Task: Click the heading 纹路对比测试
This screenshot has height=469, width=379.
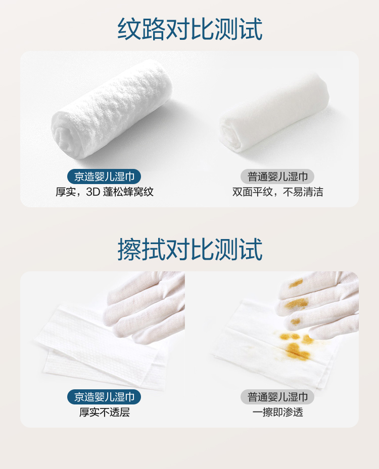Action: tap(190, 29)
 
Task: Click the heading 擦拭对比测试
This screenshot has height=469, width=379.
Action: tap(190, 249)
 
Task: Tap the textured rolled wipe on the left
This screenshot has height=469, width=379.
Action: tap(112, 109)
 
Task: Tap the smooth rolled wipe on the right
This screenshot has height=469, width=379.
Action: tap(274, 111)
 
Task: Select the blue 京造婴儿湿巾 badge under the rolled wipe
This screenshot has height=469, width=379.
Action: tap(104, 177)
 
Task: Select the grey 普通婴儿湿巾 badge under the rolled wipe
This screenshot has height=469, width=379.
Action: tap(277, 177)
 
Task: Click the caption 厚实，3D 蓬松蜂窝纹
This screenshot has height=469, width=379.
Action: tap(104, 192)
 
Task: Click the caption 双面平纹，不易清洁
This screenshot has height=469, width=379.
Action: tap(278, 192)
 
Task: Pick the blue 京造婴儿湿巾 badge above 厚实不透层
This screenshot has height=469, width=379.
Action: tap(104, 397)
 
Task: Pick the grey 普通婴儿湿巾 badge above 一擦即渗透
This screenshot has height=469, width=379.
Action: tap(277, 397)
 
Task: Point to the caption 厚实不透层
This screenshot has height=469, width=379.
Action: tap(104, 412)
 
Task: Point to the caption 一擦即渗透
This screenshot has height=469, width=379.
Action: tap(278, 412)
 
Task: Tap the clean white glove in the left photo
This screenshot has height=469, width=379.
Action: tap(146, 305)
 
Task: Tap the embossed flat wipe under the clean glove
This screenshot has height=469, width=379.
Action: tap(99, 350)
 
